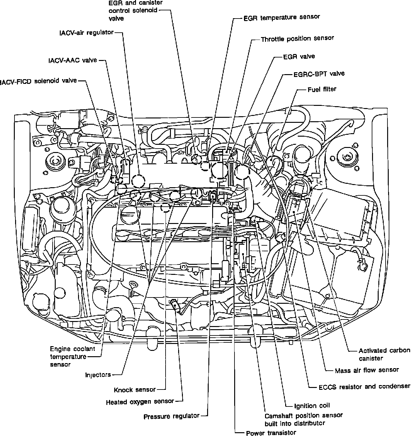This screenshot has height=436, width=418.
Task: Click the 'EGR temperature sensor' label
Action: (281, 18)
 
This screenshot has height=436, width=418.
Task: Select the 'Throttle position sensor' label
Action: (297, 39)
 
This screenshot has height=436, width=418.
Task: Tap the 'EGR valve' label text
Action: (299, 57)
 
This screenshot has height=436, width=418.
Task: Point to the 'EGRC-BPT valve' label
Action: (319, 74)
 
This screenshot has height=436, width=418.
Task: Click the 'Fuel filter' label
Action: (322, 90)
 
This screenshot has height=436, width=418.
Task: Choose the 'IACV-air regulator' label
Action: (87, 33)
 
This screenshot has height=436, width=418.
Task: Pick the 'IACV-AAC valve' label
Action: (73, 60)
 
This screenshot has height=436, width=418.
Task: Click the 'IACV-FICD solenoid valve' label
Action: (38, 81)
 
